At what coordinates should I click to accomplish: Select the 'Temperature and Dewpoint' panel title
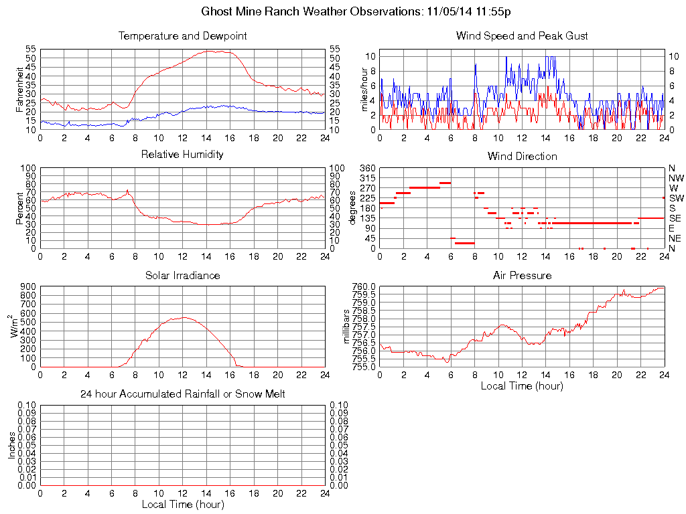(182, 35)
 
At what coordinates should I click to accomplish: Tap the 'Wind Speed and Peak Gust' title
(522, 35)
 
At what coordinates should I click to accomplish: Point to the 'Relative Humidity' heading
(182, 155)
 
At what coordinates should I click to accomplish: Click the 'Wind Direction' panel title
(522, 156)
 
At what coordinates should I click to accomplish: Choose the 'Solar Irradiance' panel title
(182, 275)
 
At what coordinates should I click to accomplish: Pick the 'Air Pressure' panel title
(522, 275)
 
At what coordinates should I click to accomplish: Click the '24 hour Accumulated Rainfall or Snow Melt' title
(182, 394)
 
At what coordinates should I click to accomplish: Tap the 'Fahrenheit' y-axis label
(20, 89)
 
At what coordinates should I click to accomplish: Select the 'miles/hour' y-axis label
(365, 90)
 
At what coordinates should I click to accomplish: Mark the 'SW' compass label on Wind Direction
(675, 198)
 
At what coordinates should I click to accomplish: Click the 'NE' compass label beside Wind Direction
(675, 238)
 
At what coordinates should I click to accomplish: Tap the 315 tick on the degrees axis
(368, 178)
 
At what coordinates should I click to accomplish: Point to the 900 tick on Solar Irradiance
(27, 286)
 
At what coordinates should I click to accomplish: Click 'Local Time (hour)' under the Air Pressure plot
(522, 385)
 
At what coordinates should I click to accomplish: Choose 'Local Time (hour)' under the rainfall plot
(182, 504)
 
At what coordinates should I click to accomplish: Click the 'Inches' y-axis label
(11, 445)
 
